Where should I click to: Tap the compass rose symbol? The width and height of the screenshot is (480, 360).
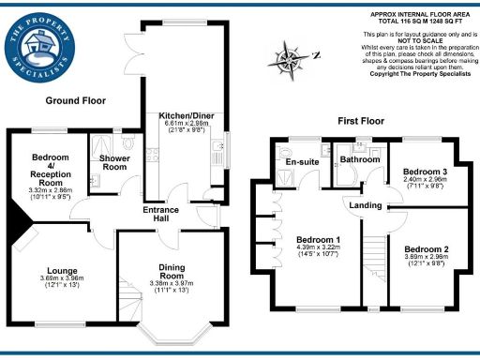click(290, 60)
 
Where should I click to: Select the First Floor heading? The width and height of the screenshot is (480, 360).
click(362, 122)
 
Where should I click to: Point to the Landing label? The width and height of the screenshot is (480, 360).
click(365, 205)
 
